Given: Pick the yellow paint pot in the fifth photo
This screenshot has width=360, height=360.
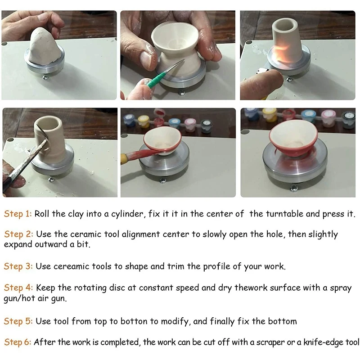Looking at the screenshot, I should click(x=144, y=121).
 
